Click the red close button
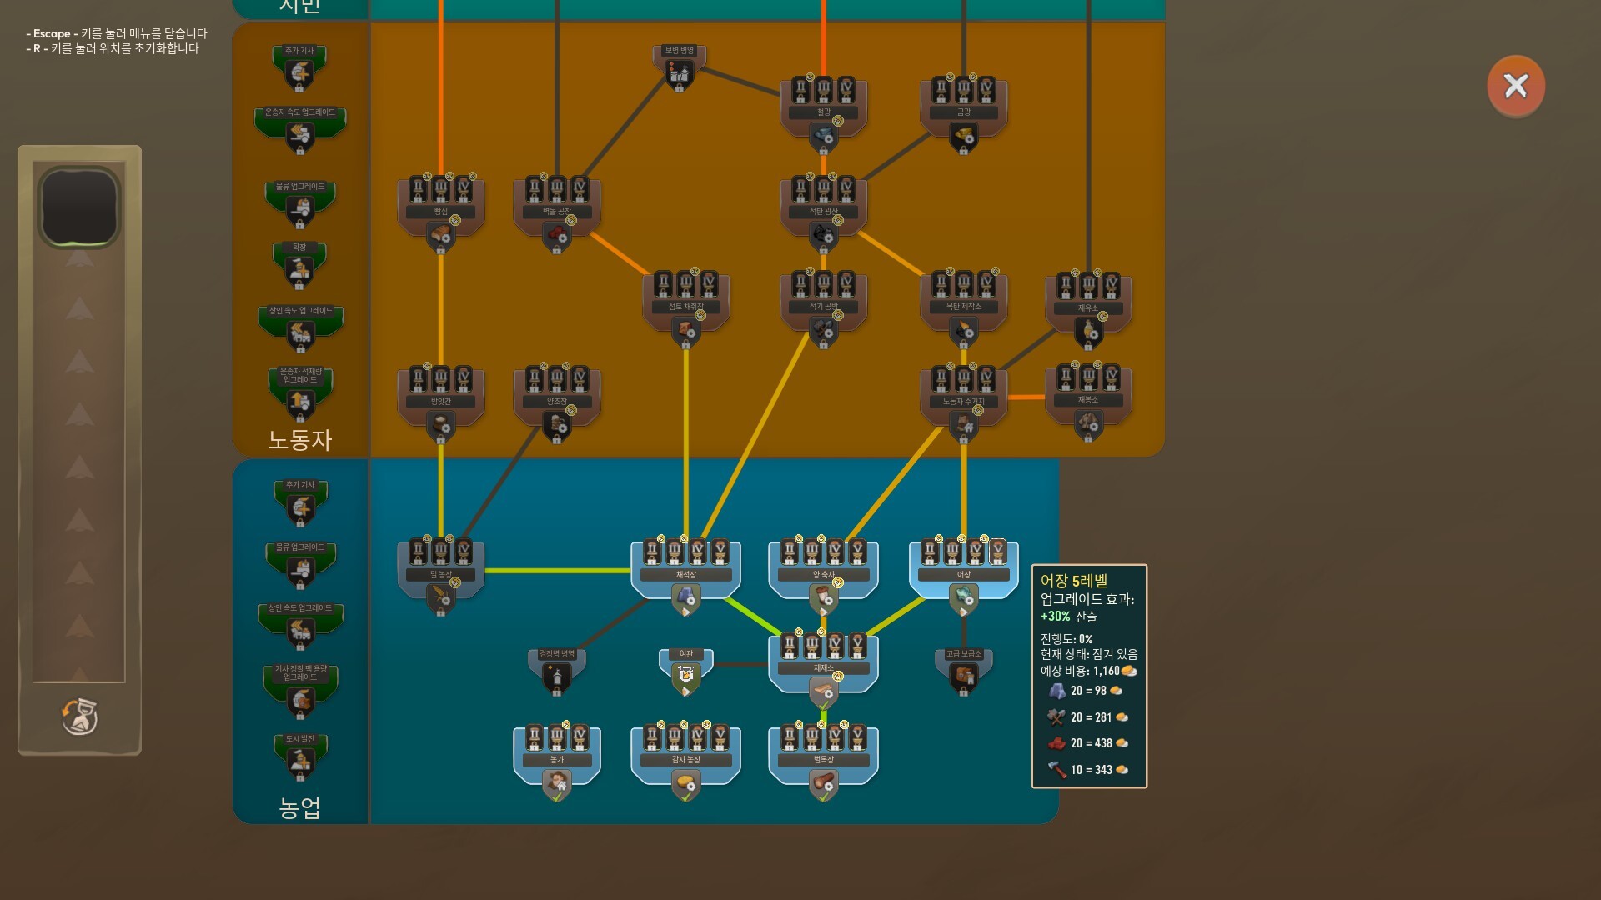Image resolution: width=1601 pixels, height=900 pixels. [1515, 86]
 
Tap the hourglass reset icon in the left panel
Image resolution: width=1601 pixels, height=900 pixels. [80, 717]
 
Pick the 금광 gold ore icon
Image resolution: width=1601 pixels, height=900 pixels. [964, 135]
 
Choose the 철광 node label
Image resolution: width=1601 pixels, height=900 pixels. [823, 112]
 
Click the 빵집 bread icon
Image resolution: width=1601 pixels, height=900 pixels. [440, 235]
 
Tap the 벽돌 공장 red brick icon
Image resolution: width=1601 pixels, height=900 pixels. [557, 235]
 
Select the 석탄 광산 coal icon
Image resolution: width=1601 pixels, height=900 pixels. [823, 235]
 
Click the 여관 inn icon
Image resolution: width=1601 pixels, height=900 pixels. [685, 676]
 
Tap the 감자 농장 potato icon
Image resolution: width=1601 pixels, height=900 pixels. [685, 783]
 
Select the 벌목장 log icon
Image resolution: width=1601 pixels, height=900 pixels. [823, 783]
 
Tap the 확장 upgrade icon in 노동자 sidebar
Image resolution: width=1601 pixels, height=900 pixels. [299, 268]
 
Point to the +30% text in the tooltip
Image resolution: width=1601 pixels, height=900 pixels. [1055, 617]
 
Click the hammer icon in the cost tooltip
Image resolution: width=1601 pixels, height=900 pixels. [1056, 769]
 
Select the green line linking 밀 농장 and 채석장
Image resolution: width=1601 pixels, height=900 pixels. [557, 571]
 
